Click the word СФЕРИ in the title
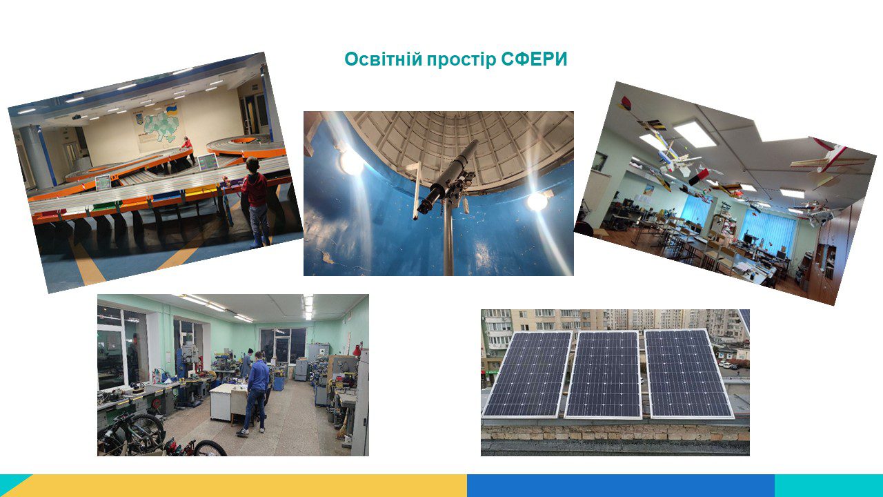(534, 59)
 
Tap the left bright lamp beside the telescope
(350, 162)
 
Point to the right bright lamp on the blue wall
(537, 201)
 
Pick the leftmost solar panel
(527, 375)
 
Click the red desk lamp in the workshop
(358, 349)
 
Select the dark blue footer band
(621, 485)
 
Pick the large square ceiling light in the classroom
(695, 134)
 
